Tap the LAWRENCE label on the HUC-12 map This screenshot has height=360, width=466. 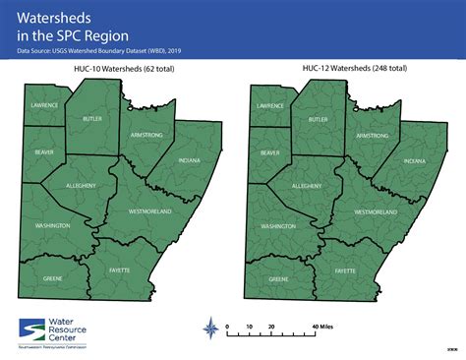pyautogui.click(x=269, y=104)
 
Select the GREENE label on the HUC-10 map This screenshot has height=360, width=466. pyautogui.click(x=53, y=278)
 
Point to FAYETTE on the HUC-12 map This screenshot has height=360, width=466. pyautogui.click(x=345, y=270)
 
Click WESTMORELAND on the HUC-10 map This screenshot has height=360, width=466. pyautogui.click(x=150, y=210)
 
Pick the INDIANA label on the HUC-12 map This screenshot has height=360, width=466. pyautogui.click(x=414, y=160)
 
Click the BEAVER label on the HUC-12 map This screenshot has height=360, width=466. pyautogui.click(x=269, y=153)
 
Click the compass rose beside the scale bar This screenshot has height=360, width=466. pyautogui.click(x=208, y=327)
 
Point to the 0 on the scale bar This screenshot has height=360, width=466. pyautogui.click(x=228, y=324)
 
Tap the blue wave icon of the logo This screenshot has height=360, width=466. pyautogui.click(x=33, y=329)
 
